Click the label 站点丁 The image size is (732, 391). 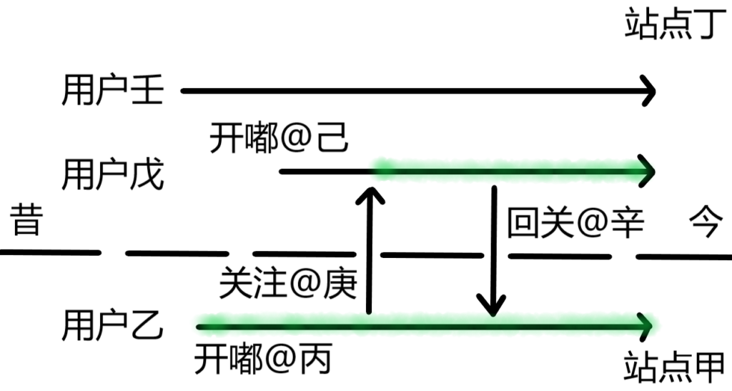675,24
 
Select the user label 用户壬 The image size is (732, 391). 113,89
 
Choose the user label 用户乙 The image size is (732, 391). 113,325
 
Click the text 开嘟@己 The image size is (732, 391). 280,138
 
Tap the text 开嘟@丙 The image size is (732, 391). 264,360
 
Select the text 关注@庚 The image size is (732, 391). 289,283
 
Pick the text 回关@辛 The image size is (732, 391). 576,223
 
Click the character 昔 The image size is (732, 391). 26,219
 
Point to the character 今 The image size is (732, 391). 706,223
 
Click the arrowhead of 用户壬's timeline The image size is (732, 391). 650,91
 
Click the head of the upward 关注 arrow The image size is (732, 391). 370,195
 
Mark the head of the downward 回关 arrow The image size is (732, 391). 492,306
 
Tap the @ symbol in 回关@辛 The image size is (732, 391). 593,224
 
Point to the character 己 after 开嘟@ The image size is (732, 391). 332,138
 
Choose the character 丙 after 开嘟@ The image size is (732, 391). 317,360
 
